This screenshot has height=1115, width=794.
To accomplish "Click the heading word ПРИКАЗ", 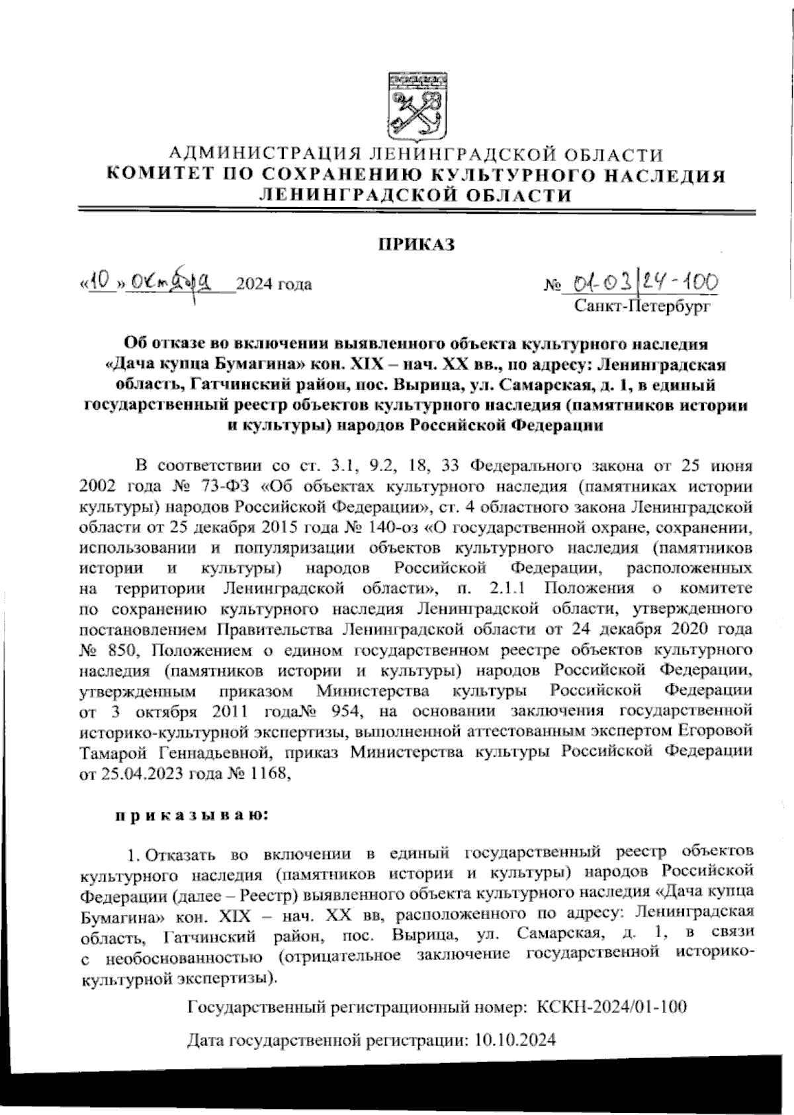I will point(416,245).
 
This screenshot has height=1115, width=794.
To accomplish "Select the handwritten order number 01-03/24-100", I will point(639,284).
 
